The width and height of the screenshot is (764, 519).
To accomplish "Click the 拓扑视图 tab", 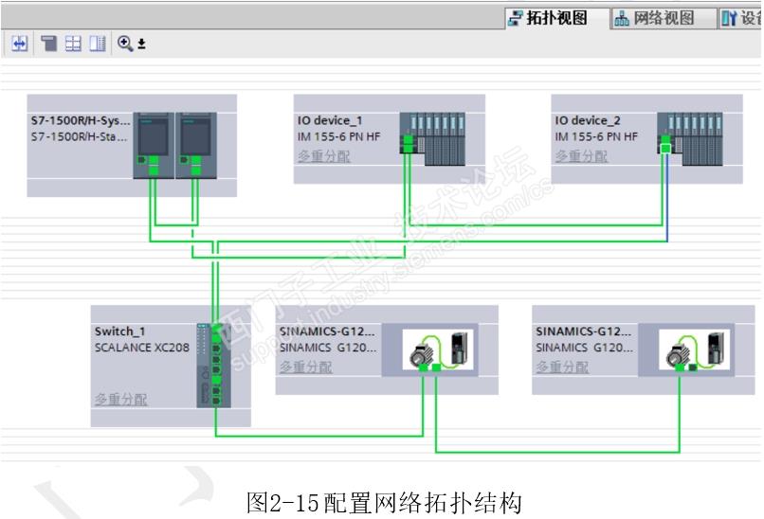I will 557,18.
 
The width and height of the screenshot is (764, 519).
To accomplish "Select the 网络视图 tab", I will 655,18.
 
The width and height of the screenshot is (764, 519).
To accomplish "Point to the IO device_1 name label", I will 330,120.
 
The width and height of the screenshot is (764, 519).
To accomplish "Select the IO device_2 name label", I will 588,120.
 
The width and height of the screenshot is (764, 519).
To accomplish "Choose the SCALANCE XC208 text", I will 141,348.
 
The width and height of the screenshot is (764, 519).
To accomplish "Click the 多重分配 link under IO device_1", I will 323,156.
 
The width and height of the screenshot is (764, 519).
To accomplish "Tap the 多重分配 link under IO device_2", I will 581,156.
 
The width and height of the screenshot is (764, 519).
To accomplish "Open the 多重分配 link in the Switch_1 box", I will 120,400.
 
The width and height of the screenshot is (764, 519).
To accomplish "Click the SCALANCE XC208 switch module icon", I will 214,365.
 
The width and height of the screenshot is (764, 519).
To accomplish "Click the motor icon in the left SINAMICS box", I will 421,352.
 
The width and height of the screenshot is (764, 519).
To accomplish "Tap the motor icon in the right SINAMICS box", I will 679,352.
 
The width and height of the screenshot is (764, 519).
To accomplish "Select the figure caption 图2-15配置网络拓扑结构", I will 384,501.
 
